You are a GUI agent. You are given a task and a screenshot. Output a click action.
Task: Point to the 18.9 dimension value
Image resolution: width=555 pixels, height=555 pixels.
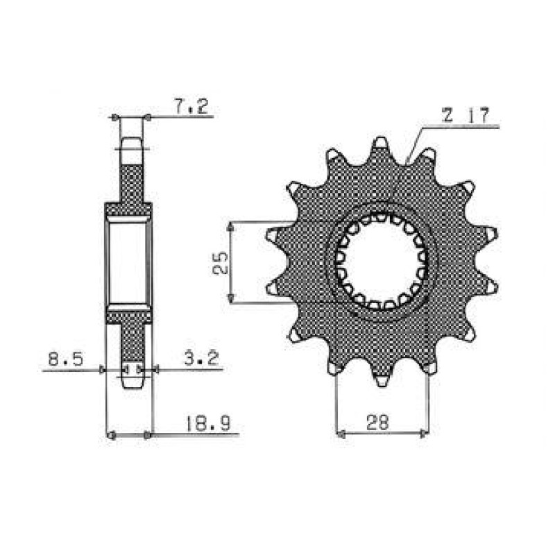point(204,424)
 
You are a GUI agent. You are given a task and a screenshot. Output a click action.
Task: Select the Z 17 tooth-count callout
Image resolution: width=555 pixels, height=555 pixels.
point(461,117)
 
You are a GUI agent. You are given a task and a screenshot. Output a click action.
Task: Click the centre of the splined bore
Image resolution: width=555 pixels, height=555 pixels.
point(381,262)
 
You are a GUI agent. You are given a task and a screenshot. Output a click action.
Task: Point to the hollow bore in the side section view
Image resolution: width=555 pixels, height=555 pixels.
point(128,262)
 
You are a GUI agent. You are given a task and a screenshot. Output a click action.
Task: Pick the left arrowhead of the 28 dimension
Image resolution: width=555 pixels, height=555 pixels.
point(341,434)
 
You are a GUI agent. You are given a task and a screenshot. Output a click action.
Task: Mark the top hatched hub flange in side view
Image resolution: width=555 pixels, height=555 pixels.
point(128,207)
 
